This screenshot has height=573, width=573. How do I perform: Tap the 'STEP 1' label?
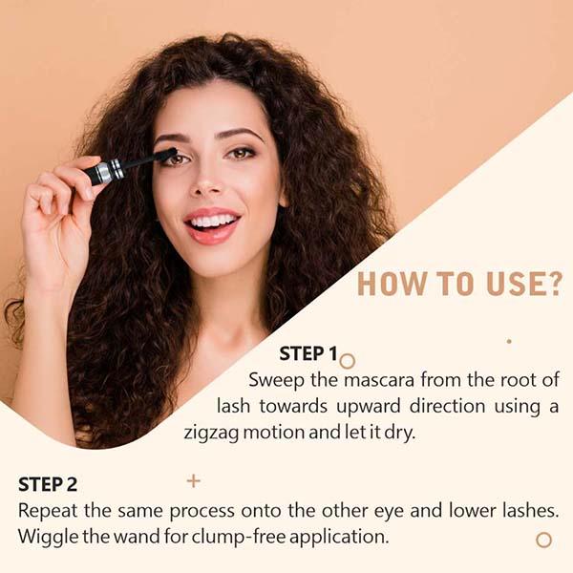pos(308,354)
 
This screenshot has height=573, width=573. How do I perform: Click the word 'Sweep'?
pos(278,379)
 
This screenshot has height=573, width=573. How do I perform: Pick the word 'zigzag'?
pos(213,432)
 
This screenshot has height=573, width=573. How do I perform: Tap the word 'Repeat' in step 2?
pos(49,510)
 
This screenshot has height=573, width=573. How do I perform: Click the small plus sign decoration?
pos(194,480)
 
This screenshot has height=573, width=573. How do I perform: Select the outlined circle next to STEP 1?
pos(348,361)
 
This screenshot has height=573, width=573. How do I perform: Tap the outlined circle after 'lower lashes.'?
pos(543,540)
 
